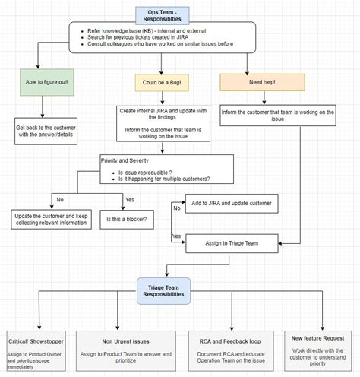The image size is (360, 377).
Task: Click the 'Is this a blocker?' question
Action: [128, 219]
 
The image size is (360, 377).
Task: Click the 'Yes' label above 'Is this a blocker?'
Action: [129, 199]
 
